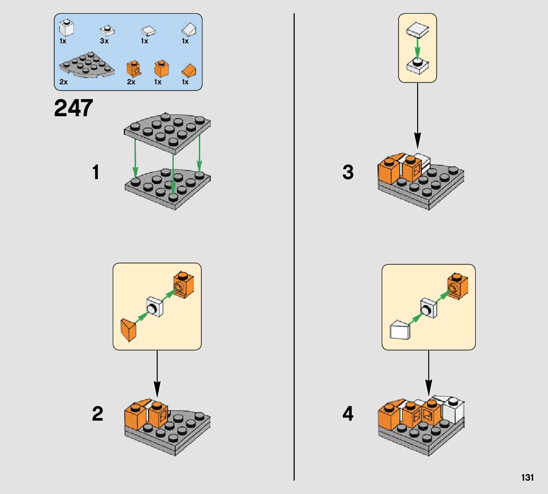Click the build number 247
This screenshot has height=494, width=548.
click(73, 108)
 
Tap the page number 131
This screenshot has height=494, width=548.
click(527, 478)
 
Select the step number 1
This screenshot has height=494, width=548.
click(96, 172)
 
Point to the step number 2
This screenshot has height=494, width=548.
click(97, 414)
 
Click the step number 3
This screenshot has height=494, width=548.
click(348, 172)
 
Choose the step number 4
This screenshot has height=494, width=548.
click(348, 414)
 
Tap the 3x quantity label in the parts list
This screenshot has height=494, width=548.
click(104, 41)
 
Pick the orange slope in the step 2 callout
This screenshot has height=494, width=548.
click(128, 330)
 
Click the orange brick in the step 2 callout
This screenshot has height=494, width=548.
click(184, 285)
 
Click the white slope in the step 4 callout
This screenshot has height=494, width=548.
click(400, 330)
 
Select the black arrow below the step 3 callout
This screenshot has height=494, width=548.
click(417, 114)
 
